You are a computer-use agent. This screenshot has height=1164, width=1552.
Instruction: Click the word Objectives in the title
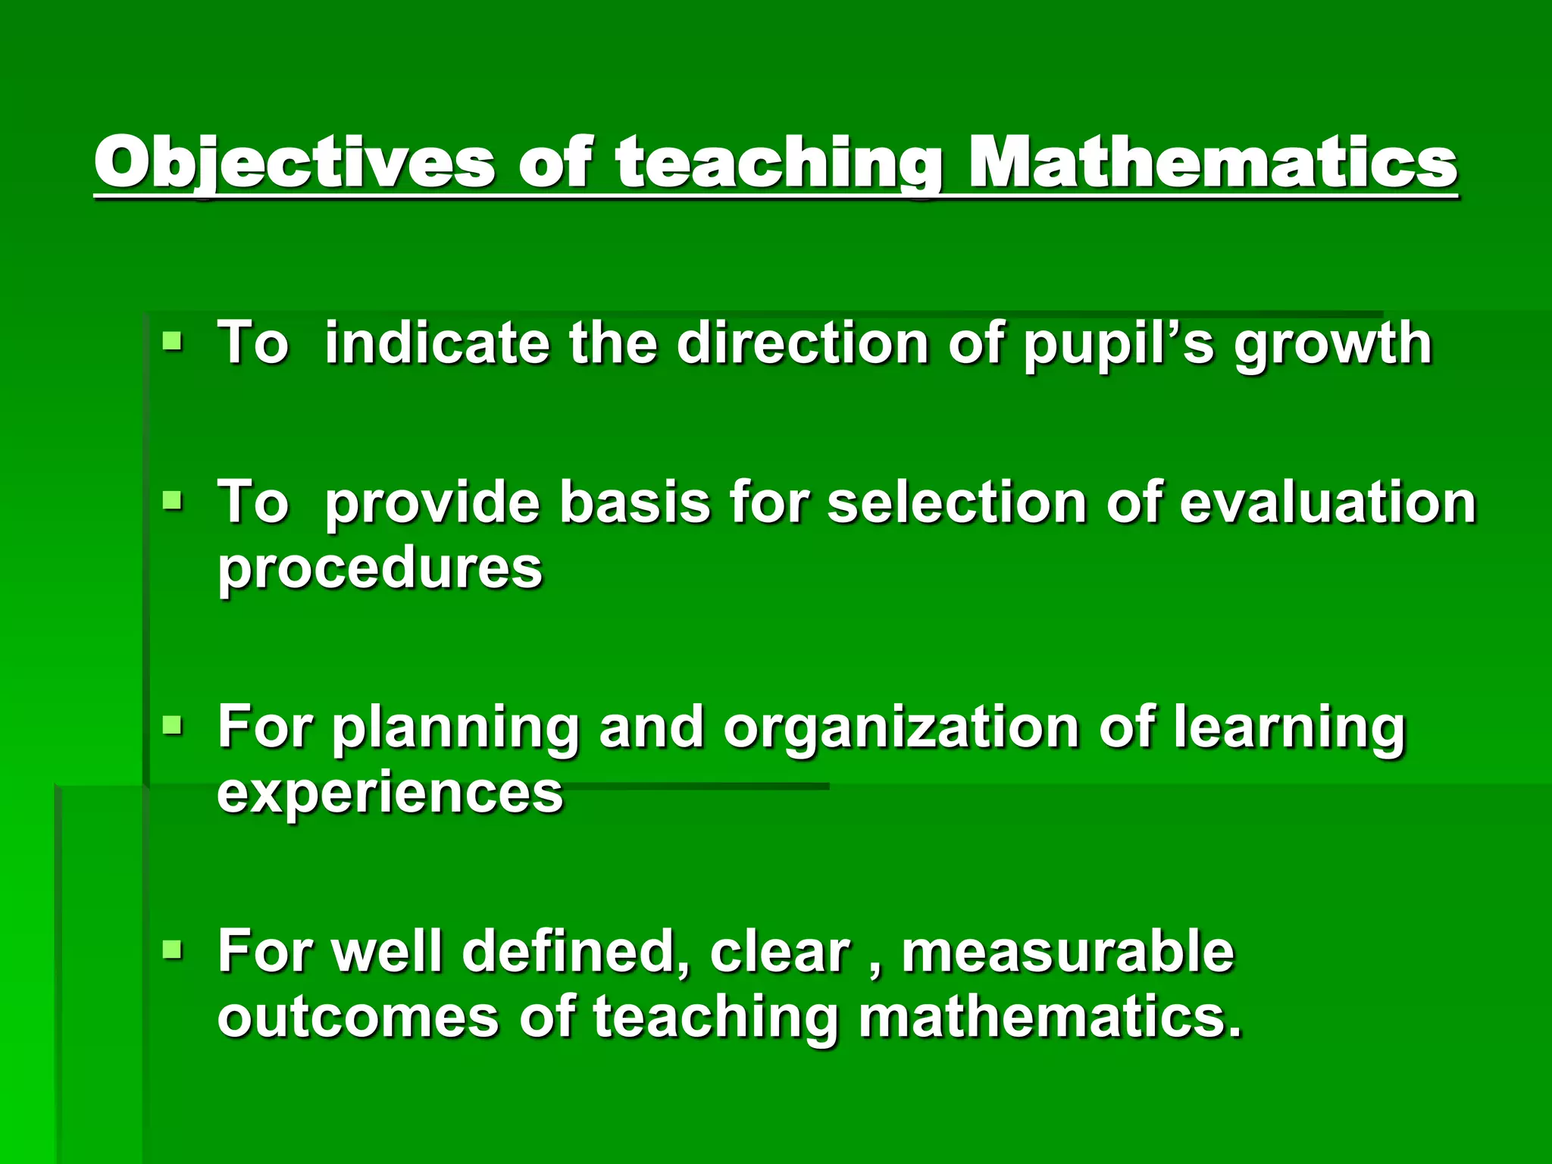click(x=294, y=162)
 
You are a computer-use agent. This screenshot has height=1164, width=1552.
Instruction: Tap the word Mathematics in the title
click(x=1212, y=162)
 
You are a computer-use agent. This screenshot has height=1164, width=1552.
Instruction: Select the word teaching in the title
click(x=779, y=162)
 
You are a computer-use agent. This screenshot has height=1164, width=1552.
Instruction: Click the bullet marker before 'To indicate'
click(x=173, y=343)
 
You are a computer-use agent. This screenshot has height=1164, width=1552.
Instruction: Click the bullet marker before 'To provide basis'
click(x=173, y=501)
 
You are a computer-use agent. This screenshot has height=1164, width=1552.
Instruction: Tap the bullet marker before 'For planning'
click(x=173, y=726)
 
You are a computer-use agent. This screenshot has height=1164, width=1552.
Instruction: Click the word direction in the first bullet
click(x=803, y=343)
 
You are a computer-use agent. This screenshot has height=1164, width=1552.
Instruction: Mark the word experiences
click(x=390, y=792)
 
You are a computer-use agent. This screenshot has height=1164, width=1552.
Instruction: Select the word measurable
click(x=1068, y=951)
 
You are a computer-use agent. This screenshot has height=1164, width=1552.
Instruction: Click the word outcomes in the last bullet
click(x=358, y=1017)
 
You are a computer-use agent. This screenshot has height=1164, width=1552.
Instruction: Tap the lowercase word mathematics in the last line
click(x=1050, y=1017)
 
